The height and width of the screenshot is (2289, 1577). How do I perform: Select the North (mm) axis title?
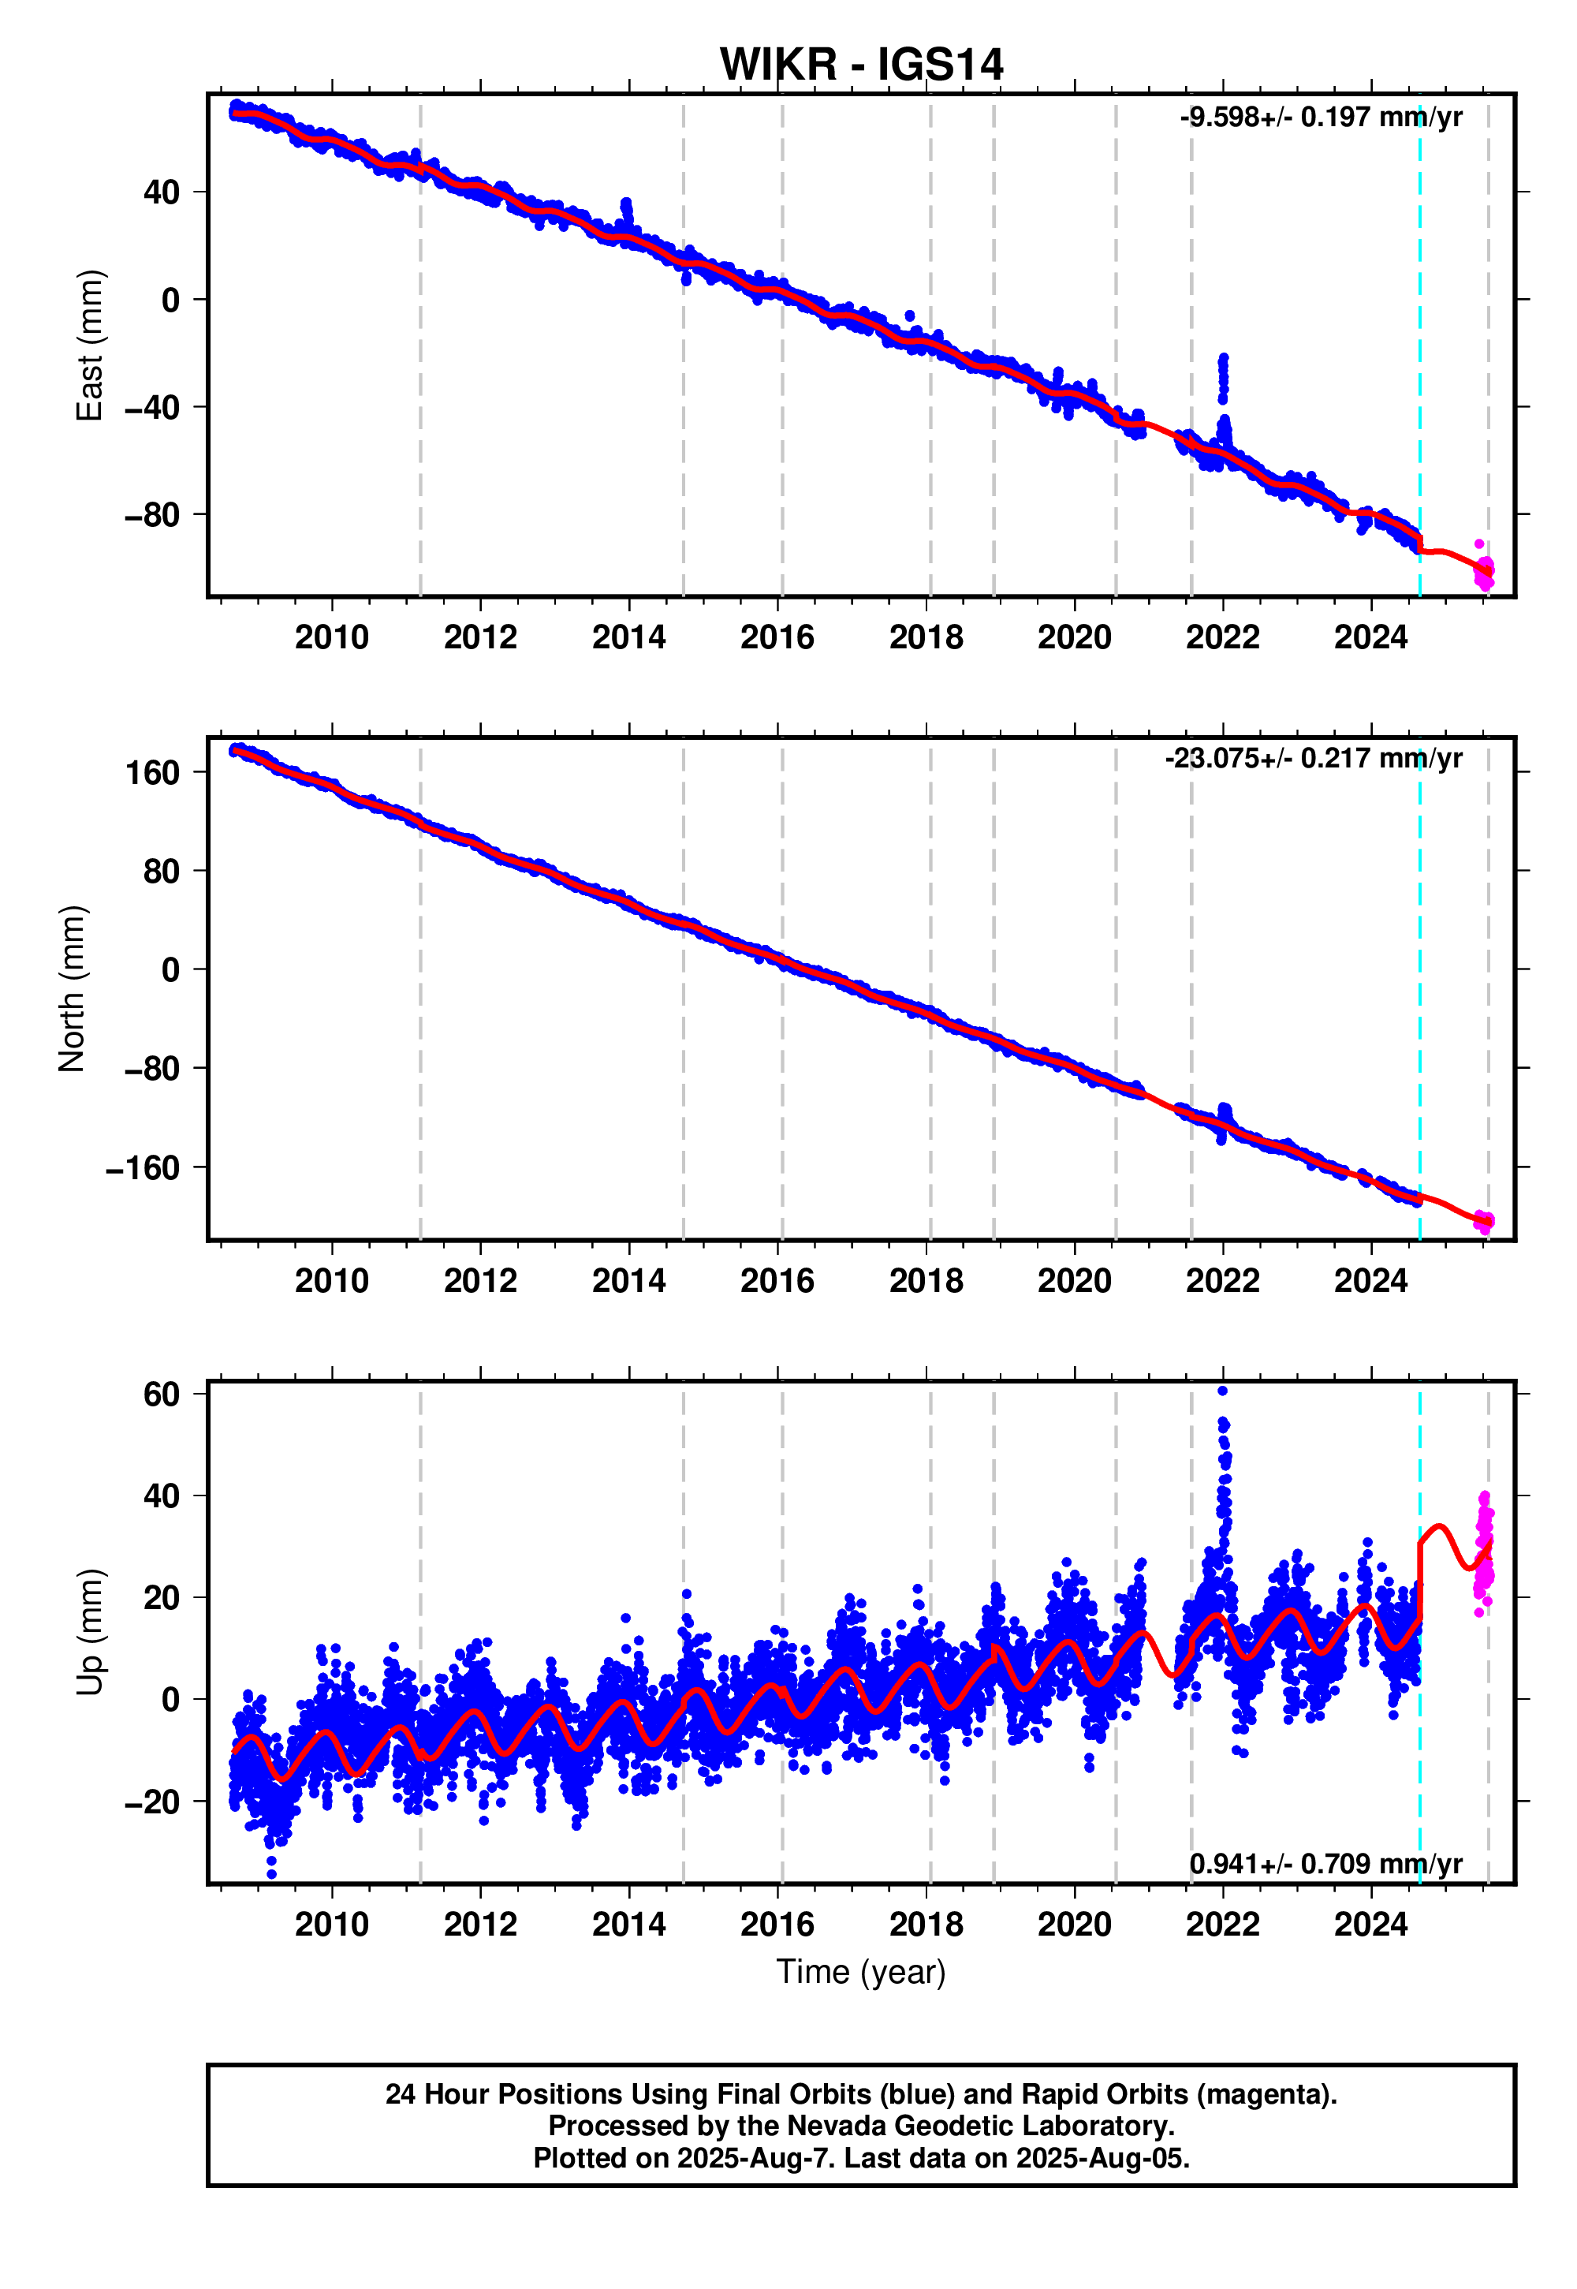(x=72, y=988)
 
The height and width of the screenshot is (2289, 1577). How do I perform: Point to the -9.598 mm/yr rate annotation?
(x=1320, y=118)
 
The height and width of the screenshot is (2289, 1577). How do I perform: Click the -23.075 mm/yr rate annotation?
(x=1312, y=758)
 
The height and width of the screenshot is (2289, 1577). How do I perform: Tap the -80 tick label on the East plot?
(x=151, y=515)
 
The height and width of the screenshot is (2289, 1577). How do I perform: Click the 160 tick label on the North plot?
(x=152, y=772)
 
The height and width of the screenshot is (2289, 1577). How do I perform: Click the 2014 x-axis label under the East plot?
(x=628, y=637)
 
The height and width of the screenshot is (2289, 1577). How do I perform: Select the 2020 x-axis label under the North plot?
(x=1074, y=1281)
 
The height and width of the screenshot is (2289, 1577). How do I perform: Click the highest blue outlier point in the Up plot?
(x=1222, y=1391)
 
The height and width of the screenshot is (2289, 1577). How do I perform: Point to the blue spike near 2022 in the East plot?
(x=1223, y=375)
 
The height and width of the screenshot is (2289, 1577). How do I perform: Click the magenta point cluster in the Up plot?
(x=1484, y=1552)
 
